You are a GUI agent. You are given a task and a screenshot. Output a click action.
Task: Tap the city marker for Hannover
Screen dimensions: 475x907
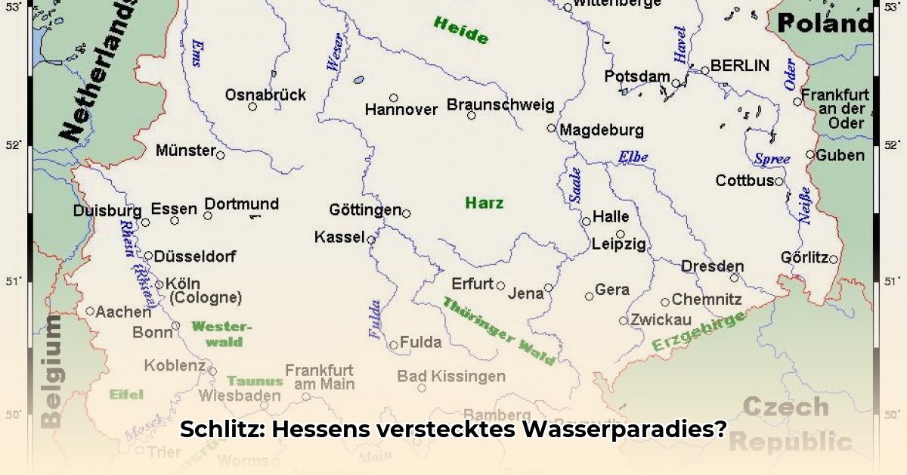(x=394, y=98)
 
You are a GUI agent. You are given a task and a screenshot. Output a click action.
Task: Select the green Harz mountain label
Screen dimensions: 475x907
(x=484, y=203)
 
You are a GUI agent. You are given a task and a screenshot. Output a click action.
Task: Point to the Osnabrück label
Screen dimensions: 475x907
(x=265, y=95)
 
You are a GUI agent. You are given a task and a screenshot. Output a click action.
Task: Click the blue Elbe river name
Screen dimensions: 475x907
(x=633, y=157)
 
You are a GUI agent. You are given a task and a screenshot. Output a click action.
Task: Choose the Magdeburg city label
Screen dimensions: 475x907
(x=602, y=130)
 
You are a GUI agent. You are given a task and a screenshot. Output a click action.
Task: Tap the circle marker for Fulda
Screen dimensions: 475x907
(x=394, y=345)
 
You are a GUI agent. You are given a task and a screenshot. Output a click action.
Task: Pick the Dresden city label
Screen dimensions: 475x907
(x=712, y=266)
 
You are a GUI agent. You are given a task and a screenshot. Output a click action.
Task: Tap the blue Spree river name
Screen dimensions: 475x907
(x=772, y=160)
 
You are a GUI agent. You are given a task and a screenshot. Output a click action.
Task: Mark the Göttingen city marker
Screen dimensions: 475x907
(x=406, y=213)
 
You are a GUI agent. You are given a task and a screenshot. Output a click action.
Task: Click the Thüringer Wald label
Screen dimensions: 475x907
(x=498, y=331)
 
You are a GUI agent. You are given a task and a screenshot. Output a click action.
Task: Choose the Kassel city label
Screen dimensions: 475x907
(x=339, y=237)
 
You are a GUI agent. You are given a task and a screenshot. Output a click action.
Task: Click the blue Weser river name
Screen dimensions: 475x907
(x=334, y=54)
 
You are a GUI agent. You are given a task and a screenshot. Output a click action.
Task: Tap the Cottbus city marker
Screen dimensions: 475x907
(x=779, y=182)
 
